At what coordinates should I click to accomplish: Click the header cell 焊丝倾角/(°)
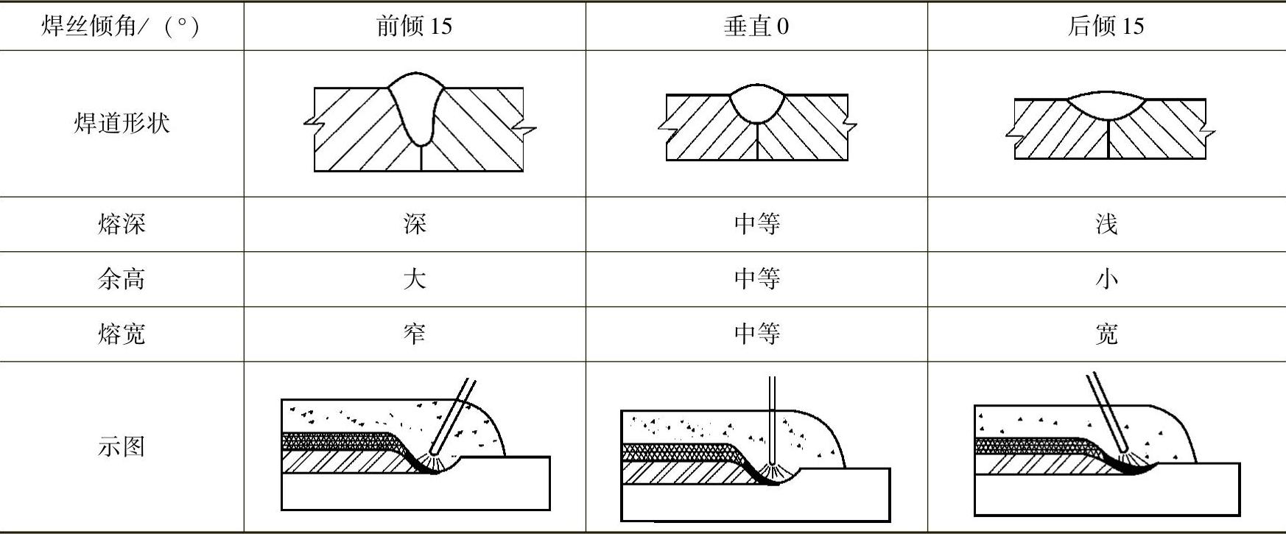121,27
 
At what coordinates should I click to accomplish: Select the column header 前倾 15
414,27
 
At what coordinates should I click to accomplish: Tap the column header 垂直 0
756,27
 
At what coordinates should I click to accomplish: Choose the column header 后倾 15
1106,27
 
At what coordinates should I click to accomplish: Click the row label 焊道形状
122,123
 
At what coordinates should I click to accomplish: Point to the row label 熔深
122,224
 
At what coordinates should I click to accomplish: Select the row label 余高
122,279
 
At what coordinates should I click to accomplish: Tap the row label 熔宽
122,334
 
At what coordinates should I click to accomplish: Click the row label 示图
122,446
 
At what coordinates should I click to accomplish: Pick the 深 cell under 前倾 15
414,224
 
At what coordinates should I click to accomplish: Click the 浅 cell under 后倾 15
1106,224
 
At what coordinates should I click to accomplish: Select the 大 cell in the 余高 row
414,279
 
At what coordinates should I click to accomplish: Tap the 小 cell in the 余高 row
1106,279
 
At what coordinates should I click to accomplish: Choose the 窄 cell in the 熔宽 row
414,334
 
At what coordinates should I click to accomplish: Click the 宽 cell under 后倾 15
1106,334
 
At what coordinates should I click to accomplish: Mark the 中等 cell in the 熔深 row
756,224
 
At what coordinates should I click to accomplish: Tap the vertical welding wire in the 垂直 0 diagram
772,420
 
